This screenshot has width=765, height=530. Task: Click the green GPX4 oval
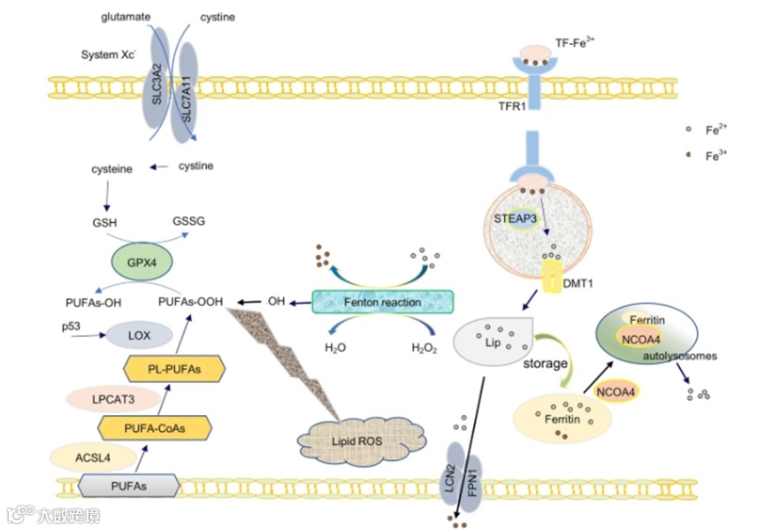click(x=142, y=262)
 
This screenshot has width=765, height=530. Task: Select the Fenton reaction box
click(x=382, y=302)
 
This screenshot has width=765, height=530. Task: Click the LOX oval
click(x=140, y=335)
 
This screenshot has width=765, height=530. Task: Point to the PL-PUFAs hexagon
click(x=174, y=369)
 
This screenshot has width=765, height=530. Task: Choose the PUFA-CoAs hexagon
click(x=155, y=428)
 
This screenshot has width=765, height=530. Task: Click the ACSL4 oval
click(x=93, y=457)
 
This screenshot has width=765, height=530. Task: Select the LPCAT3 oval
click(x=113, y=399)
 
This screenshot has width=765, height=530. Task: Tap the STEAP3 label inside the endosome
click(x=515, y=219)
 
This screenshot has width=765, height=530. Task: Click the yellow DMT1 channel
click(x=553, y=276)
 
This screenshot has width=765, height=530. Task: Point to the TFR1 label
click(x=512, y=106)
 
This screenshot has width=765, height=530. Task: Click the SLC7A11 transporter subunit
click(x=187, y=94)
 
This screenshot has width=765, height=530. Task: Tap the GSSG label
click(x=188, y=221)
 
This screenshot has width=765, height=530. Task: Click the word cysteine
click(x=111, y=169)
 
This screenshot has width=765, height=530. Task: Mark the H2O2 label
click(x=424, y=348)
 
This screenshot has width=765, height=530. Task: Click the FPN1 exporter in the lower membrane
click(x=471, y=484)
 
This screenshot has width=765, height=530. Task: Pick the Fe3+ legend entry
click(x=708, y=156)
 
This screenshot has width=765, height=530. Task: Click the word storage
click(x=545, y=364)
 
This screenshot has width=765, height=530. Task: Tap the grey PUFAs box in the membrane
click(x=129, y=486)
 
